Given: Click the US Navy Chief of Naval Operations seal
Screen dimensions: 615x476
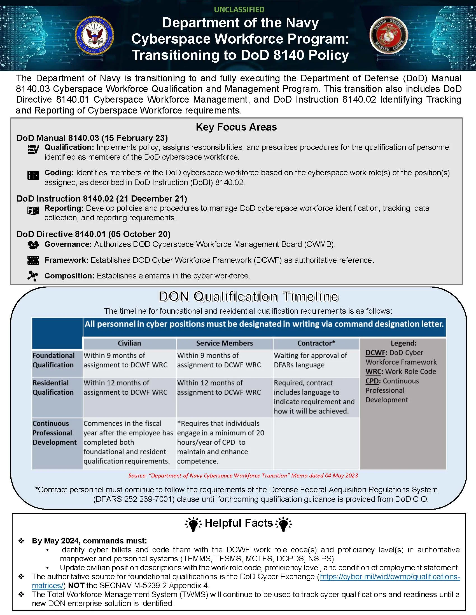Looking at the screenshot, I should (94, 36).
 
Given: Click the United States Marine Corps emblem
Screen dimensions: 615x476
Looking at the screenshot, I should (388, 35).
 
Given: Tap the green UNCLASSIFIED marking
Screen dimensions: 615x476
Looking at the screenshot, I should (239, 10).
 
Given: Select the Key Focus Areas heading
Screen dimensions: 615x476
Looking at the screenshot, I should (236, 127).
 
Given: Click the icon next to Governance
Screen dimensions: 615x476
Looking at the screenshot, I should (33, 245).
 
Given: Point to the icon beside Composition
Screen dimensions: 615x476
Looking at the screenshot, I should (33, 276).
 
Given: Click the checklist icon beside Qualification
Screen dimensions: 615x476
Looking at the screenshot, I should (33, 150).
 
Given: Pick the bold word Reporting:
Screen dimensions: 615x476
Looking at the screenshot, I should (64, 208).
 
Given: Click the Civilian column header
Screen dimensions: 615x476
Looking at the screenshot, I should (129, 343).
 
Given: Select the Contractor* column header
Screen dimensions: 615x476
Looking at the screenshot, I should (316, 343).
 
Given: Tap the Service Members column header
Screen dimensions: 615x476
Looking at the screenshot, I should (225, 343).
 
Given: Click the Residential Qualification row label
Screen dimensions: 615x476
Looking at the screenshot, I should (53, 387).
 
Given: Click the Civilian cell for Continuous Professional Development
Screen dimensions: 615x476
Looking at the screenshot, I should (128, 442).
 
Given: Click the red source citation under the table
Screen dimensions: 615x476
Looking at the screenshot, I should (243, 476).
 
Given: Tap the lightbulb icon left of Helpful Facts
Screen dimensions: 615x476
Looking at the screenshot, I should (193, 524).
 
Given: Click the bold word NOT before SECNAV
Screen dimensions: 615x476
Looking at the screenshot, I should (76, 585).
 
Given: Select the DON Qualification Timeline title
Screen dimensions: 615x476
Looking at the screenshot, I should (248, 297).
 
